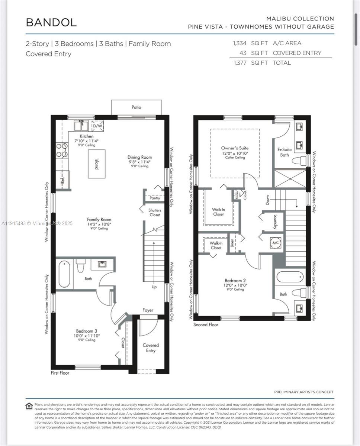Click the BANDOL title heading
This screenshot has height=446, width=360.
[51, 22]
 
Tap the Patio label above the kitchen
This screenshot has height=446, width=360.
[136, 107]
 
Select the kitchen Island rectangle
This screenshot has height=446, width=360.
[96, 164]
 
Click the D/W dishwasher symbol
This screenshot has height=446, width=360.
[97, 126]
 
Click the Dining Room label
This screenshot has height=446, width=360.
[139, 157]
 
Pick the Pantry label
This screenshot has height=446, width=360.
[155, 198]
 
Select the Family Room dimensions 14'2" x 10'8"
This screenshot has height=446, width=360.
[99, 224]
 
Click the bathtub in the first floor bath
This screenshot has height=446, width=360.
[64, 275]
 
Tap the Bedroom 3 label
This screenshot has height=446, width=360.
[87, 331]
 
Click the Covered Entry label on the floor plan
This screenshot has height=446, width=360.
[151, 348]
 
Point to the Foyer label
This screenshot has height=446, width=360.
[148, 310]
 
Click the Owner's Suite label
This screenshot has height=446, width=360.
[235, 148]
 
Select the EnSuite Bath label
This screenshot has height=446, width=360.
[285, 152]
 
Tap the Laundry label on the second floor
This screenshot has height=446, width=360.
[275, 222]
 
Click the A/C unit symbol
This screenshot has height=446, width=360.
[275, 242]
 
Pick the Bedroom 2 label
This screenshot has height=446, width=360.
[235, 281]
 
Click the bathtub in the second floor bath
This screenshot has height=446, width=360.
[290, 277]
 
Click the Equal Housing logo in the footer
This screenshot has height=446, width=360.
[29, 405]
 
